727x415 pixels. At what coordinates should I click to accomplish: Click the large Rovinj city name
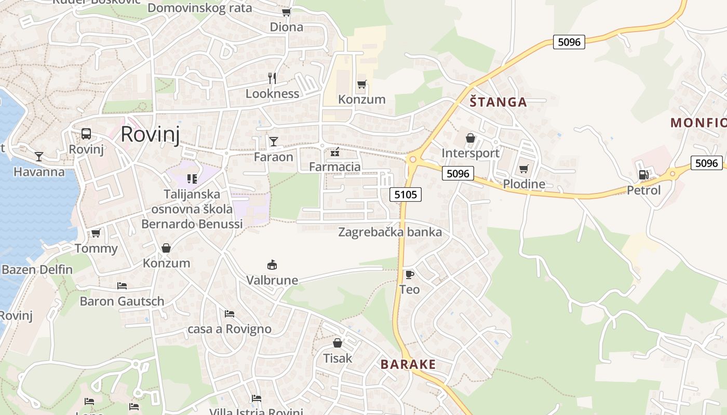[x=150, y=134]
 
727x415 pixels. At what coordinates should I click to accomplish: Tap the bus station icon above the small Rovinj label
[x=86, y=134]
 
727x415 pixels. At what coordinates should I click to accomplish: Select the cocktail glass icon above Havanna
[x=39, y=156]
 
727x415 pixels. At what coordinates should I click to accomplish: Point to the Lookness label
[x=272, y=94]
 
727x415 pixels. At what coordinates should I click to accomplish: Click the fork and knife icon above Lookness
[x=272, y=78]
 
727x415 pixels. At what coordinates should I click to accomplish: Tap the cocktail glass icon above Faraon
[x=274, y=141]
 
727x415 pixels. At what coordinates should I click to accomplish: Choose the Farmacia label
[x=334, y=167]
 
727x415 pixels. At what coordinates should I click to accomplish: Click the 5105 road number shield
[x=405, y=195]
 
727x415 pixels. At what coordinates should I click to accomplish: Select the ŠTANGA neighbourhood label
[x=498, y=102]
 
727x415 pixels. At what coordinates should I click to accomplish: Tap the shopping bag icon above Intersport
[x=470, y=138]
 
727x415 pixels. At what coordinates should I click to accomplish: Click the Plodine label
[x=524, y=184]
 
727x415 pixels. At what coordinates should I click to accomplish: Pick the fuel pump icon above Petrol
[x=643, y=175]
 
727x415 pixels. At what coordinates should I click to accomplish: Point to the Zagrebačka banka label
[x=390, y=232]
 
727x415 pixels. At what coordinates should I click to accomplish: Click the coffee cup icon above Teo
[x=409, y=274]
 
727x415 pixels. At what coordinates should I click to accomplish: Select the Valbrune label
[x=272, y=281]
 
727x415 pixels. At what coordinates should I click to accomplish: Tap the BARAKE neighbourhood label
[x=408, y=364]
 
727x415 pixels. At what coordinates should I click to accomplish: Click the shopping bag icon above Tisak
[x=338, y=343]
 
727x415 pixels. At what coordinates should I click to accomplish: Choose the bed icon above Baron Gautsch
[x=122, y=286]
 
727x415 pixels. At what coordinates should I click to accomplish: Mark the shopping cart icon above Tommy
[x=96, y=233]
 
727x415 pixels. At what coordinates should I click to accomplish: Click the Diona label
[x=286, y=27]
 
